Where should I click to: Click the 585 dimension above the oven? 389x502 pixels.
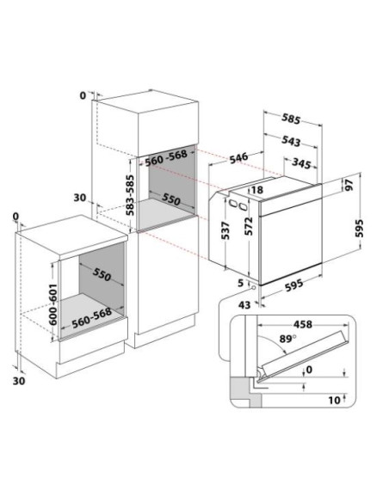(291, 119)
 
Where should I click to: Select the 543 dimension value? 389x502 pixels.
(291, 141)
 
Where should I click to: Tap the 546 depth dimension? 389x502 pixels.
(238, 157)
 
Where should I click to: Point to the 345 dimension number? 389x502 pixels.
(301, 163)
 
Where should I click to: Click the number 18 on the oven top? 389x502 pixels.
(256, 190)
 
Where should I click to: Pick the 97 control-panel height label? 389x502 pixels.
(349, 185)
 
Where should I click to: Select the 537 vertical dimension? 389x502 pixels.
(225, 230)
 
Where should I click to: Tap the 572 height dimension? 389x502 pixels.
(249, 226)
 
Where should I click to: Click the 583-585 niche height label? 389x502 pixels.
(130, 195)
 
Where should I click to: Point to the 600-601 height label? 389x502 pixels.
(53, 304)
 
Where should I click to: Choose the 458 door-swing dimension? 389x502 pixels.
(302, 324)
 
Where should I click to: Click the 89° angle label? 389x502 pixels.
(287, 339)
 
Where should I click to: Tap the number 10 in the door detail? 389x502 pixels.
(334, 401)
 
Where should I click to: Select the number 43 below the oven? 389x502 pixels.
(244, 305)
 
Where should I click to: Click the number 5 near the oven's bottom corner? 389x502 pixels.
(241, 283)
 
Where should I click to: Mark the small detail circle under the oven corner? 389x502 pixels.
(254, 287)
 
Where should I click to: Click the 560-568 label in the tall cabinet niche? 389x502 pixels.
(166, 158)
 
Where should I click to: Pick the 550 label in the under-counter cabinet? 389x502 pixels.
(102, 274)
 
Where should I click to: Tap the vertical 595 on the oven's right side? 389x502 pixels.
(360, 228)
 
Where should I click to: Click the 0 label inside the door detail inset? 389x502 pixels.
(309, 370)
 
